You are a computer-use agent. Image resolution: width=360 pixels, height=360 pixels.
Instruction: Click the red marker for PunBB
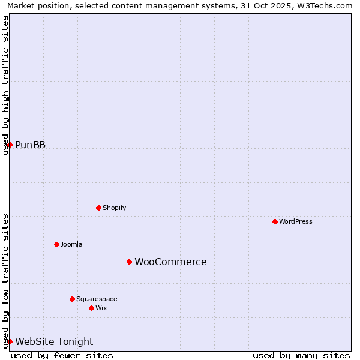coord(10,145)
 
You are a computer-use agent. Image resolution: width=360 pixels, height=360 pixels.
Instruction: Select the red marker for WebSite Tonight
coord(10,341)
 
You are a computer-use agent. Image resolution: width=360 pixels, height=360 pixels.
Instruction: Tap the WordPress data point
coord(275,221)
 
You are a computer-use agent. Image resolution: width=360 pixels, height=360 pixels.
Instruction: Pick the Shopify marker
coord(98,208)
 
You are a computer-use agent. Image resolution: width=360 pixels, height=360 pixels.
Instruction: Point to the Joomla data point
coord(56,244)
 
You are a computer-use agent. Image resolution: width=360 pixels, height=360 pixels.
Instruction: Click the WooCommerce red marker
coord(129,262)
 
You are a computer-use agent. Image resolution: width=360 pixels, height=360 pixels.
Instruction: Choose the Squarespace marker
coord(72,299)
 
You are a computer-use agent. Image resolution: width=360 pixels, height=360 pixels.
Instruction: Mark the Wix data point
coord(91,308)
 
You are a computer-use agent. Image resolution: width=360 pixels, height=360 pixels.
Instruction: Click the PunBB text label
coord(30,145)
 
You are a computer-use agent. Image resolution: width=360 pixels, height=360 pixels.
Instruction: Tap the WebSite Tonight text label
coord(54,342)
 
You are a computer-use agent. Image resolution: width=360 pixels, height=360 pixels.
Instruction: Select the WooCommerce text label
coord(170,262)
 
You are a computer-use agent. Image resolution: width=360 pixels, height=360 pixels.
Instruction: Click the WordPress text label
coord(296,221)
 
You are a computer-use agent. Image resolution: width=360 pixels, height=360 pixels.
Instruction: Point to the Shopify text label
coord(114,208)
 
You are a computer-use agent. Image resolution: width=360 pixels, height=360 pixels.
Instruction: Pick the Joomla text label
coord(71,244)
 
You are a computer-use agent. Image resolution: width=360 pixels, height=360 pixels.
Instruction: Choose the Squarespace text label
coord(97,299)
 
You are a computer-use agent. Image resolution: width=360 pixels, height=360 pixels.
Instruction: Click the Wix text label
coord(101,308)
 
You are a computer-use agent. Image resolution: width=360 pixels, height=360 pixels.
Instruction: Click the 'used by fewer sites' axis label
coord(62,355)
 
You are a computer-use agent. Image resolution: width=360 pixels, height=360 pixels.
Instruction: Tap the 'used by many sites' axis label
coord(301,355)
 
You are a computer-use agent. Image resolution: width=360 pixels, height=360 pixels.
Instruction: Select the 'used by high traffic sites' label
coord(5,85)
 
